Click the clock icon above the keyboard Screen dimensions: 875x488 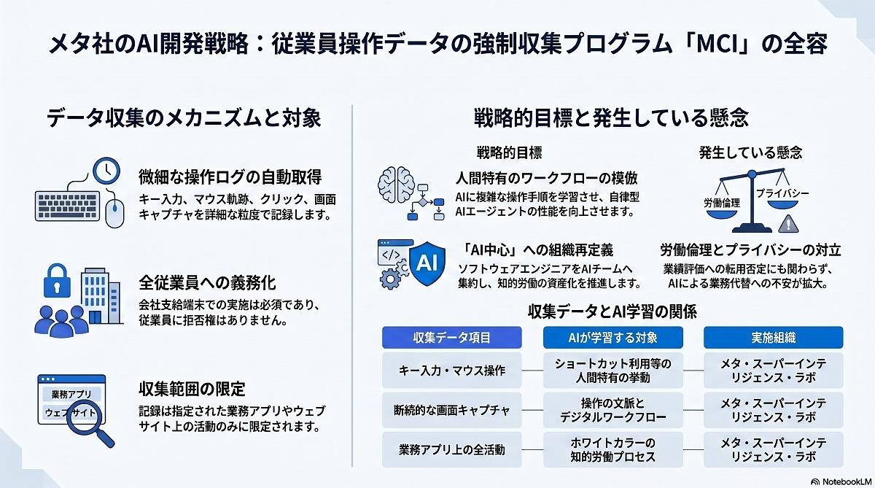[x=106, y=171]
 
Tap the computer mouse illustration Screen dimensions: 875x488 [x=115, y=213]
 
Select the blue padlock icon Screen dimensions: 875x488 [x=57, y=281]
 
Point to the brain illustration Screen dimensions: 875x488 [x=396, y=185]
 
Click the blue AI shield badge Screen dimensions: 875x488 [x=427, y=263]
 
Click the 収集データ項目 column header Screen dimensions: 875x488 [x=452, y=338]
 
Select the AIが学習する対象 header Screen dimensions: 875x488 [x=613, y=338]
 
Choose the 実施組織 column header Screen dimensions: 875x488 [x=774, y=338]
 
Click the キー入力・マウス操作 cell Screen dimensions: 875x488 [x=452, y=371]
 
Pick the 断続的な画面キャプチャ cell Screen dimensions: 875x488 [x=452, y=410]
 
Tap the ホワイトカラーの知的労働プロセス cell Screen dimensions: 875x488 [x=613, y=450]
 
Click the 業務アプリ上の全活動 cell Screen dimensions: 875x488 [x=452, y=450]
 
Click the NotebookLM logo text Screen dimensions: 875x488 [x=847, y=481]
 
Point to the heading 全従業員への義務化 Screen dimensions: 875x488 [x=207, y=283]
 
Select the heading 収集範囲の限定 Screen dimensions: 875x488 [x=192, y=389]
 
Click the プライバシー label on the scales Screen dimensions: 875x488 [x=782, y=193]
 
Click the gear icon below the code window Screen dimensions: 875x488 [x=389, y=279]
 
